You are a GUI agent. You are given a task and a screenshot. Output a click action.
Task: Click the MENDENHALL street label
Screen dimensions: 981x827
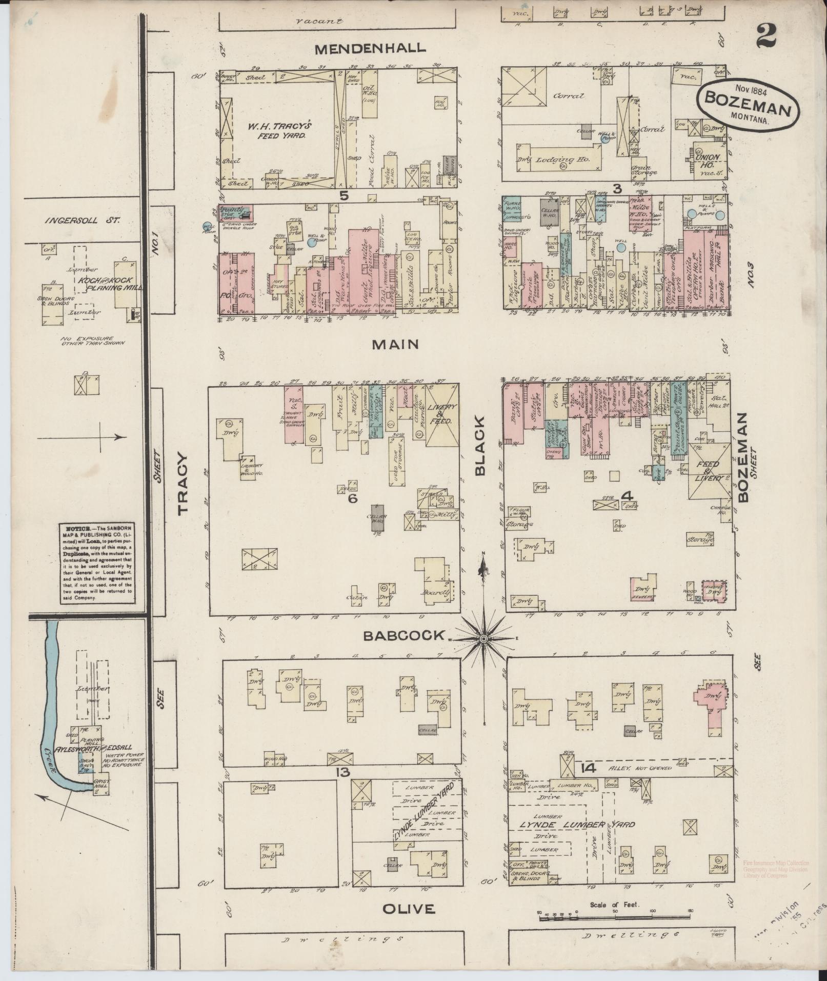[x=370, y=49]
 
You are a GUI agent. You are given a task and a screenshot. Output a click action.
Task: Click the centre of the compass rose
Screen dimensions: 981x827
[x=483, y=638]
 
